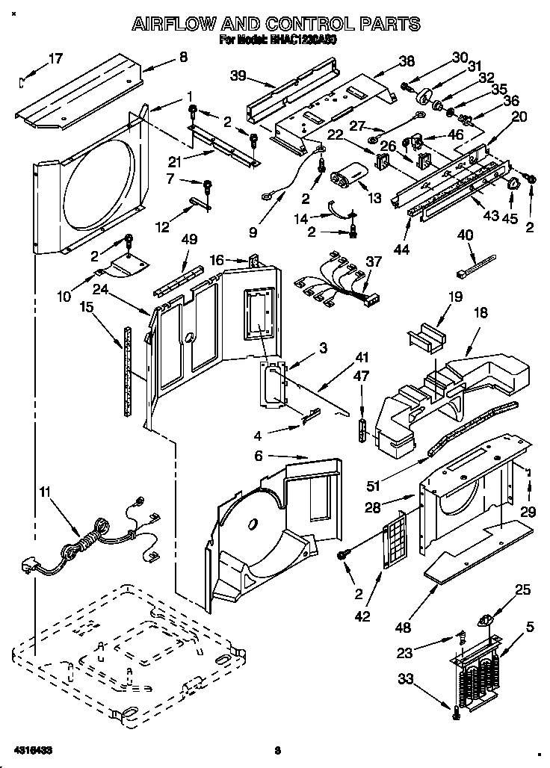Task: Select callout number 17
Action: [56, 58]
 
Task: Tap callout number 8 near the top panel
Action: [183, 57]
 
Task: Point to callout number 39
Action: [238, 75]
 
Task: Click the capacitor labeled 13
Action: [347, 178]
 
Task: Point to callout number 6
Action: [258, 455]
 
